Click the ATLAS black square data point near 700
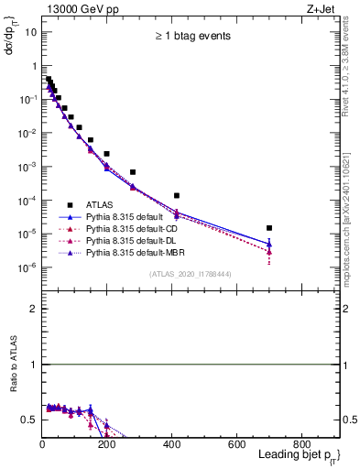tap(268, 228)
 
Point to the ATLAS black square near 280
tap(133, 172)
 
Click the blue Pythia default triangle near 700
tap(268, 244)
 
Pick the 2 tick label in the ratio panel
tap(33, 309)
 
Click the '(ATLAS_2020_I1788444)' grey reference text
tap(189, 274)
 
